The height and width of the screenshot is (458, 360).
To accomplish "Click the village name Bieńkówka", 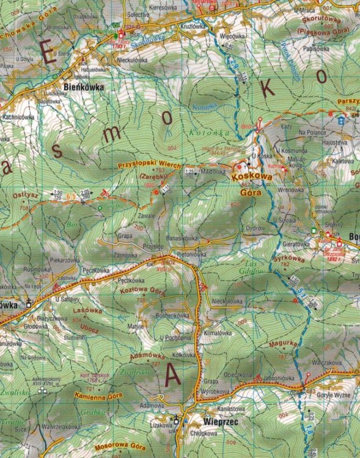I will click(x=84, y=87).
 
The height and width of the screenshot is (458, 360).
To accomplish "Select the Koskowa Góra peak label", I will click(x=250, y=181).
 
